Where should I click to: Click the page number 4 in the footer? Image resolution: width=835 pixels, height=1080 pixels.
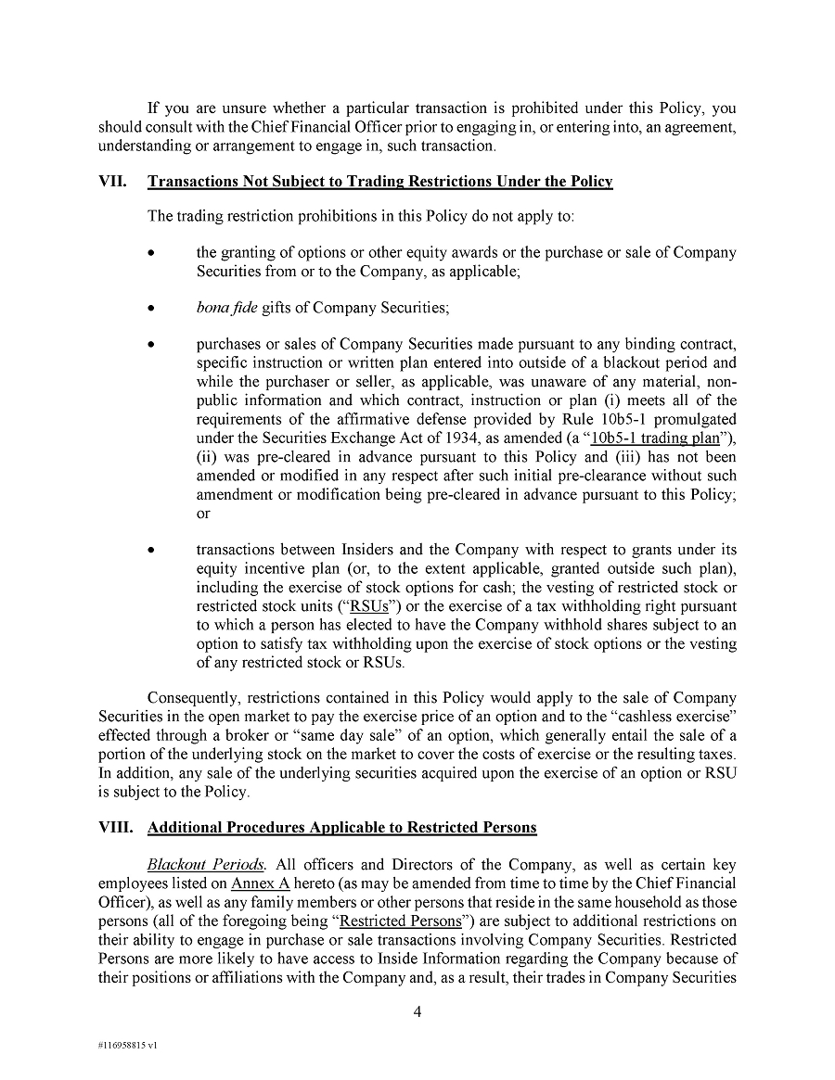417,1011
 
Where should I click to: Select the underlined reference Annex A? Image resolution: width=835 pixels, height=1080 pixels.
263,883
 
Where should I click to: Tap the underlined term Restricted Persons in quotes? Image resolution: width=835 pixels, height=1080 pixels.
400,921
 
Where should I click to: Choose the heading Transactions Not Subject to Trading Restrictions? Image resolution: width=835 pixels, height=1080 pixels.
380,183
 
